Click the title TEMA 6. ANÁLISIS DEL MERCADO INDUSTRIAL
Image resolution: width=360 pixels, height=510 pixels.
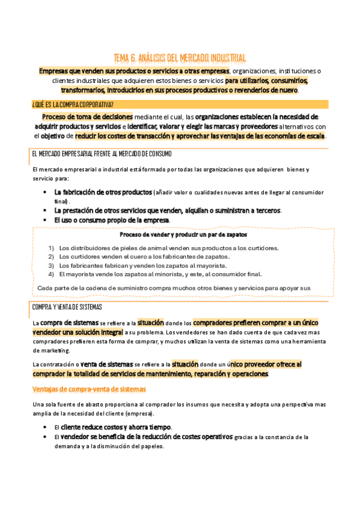(180, 58)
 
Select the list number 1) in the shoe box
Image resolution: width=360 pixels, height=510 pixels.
(51, 248)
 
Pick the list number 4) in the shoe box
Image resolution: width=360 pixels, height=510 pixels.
(51, 274)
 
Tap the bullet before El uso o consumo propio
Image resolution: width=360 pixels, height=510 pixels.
(46, 220)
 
